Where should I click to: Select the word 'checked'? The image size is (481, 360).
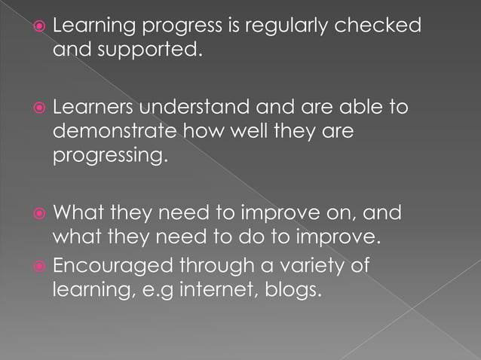[x=378, y=26]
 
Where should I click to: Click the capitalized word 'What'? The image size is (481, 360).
[x=78, y=212]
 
